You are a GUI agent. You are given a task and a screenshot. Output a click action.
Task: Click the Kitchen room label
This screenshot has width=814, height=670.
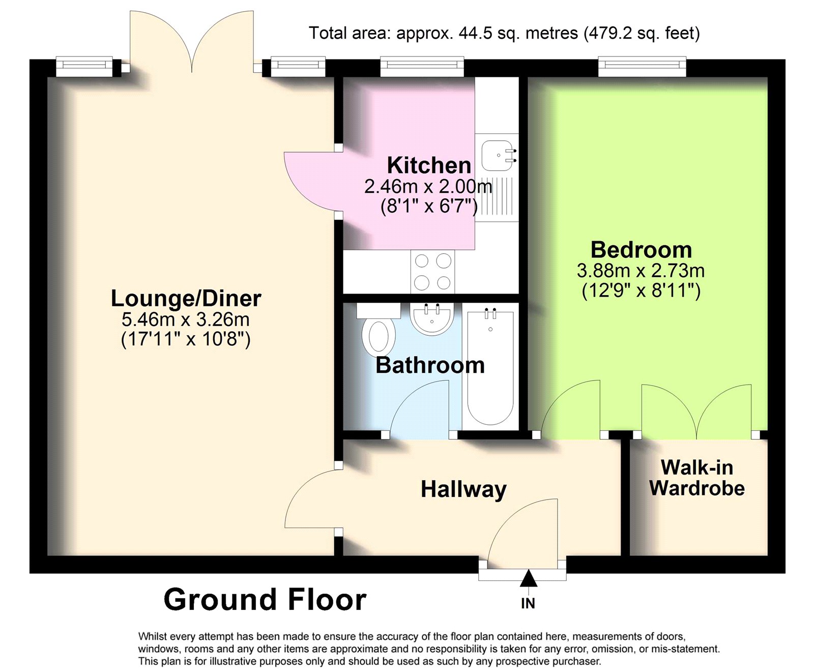pos(429,165)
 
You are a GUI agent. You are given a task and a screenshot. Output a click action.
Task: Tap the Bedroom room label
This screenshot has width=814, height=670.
pos(641,250)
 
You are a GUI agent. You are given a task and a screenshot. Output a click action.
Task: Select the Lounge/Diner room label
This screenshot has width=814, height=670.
pos(186,298)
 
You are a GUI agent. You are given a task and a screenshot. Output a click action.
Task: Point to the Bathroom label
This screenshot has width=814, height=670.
pos(430,365)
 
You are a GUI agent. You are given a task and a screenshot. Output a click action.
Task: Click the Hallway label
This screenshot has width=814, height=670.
pos(463,490)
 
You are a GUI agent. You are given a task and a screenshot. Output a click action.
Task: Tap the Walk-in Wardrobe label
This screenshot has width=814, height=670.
pos(697,478)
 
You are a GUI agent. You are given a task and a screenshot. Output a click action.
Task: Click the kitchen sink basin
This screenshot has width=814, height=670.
pos(498,156)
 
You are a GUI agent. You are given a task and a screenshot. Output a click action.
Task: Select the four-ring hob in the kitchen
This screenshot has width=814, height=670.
pos(432,272)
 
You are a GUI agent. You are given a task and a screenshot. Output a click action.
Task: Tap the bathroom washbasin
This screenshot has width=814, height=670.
pos(431,318)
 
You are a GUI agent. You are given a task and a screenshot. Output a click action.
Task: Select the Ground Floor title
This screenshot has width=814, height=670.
pos(265,600)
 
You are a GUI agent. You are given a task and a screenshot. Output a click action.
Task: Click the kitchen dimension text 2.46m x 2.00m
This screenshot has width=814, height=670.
pos(428,187)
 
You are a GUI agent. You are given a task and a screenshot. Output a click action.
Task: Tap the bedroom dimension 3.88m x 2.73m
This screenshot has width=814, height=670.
pos(641,271)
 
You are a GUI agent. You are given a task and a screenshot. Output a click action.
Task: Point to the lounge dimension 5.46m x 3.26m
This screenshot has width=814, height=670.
pos(186,319)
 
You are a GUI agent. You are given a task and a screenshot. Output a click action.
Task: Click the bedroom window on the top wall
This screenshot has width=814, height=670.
pos(642,66)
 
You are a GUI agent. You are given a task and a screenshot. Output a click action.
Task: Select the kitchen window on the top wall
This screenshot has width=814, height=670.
pos(422,66)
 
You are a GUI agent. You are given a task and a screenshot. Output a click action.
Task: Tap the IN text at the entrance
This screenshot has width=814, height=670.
pos(528,604)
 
